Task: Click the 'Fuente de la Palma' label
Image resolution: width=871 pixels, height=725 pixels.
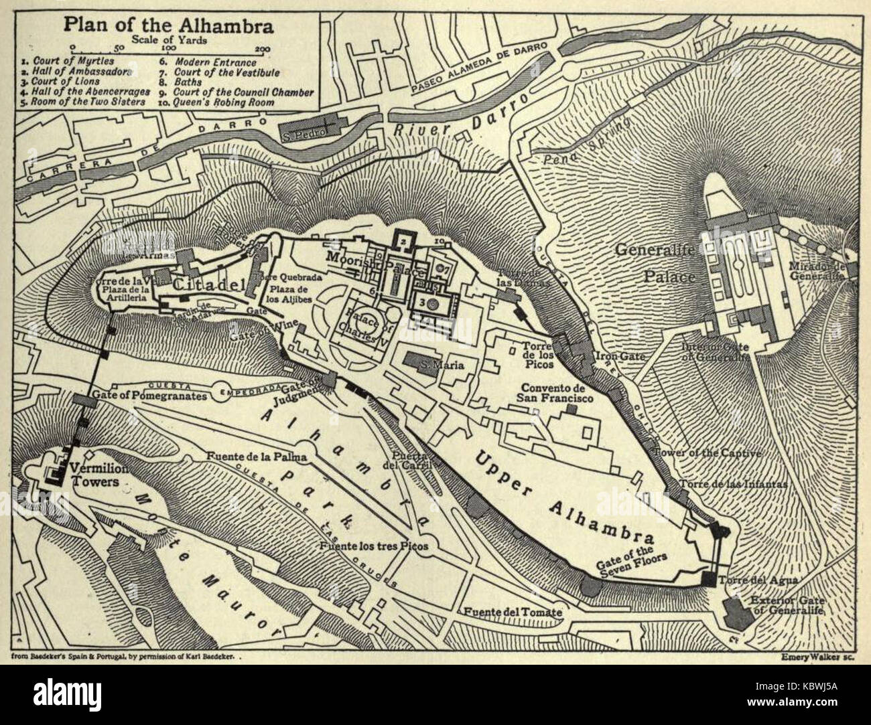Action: coord(257,457)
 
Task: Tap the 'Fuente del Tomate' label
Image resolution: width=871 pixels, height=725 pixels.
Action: coord(511,612)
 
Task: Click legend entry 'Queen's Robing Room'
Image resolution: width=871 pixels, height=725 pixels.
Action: coord(224,102)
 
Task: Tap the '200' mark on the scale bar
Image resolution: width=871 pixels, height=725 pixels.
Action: coord(263,48)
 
